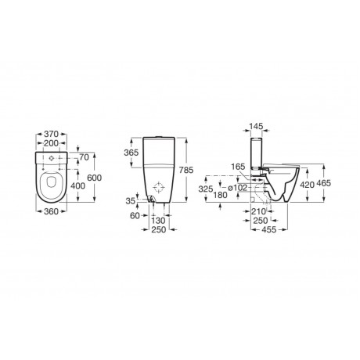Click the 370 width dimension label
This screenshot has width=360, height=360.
pos(51,134)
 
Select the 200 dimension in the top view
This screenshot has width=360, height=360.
pos(51,143)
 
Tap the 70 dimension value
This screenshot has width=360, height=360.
pos(84,157)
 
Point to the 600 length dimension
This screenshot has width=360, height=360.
pos(94,178)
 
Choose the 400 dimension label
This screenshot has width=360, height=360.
pos(77,185)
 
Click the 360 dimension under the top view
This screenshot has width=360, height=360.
pos(51,211)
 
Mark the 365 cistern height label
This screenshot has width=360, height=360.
pos(131,153)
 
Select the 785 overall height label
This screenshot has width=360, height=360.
pos(186,170)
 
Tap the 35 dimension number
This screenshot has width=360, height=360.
pos(131,201)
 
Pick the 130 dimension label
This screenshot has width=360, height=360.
pos(158,221)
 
